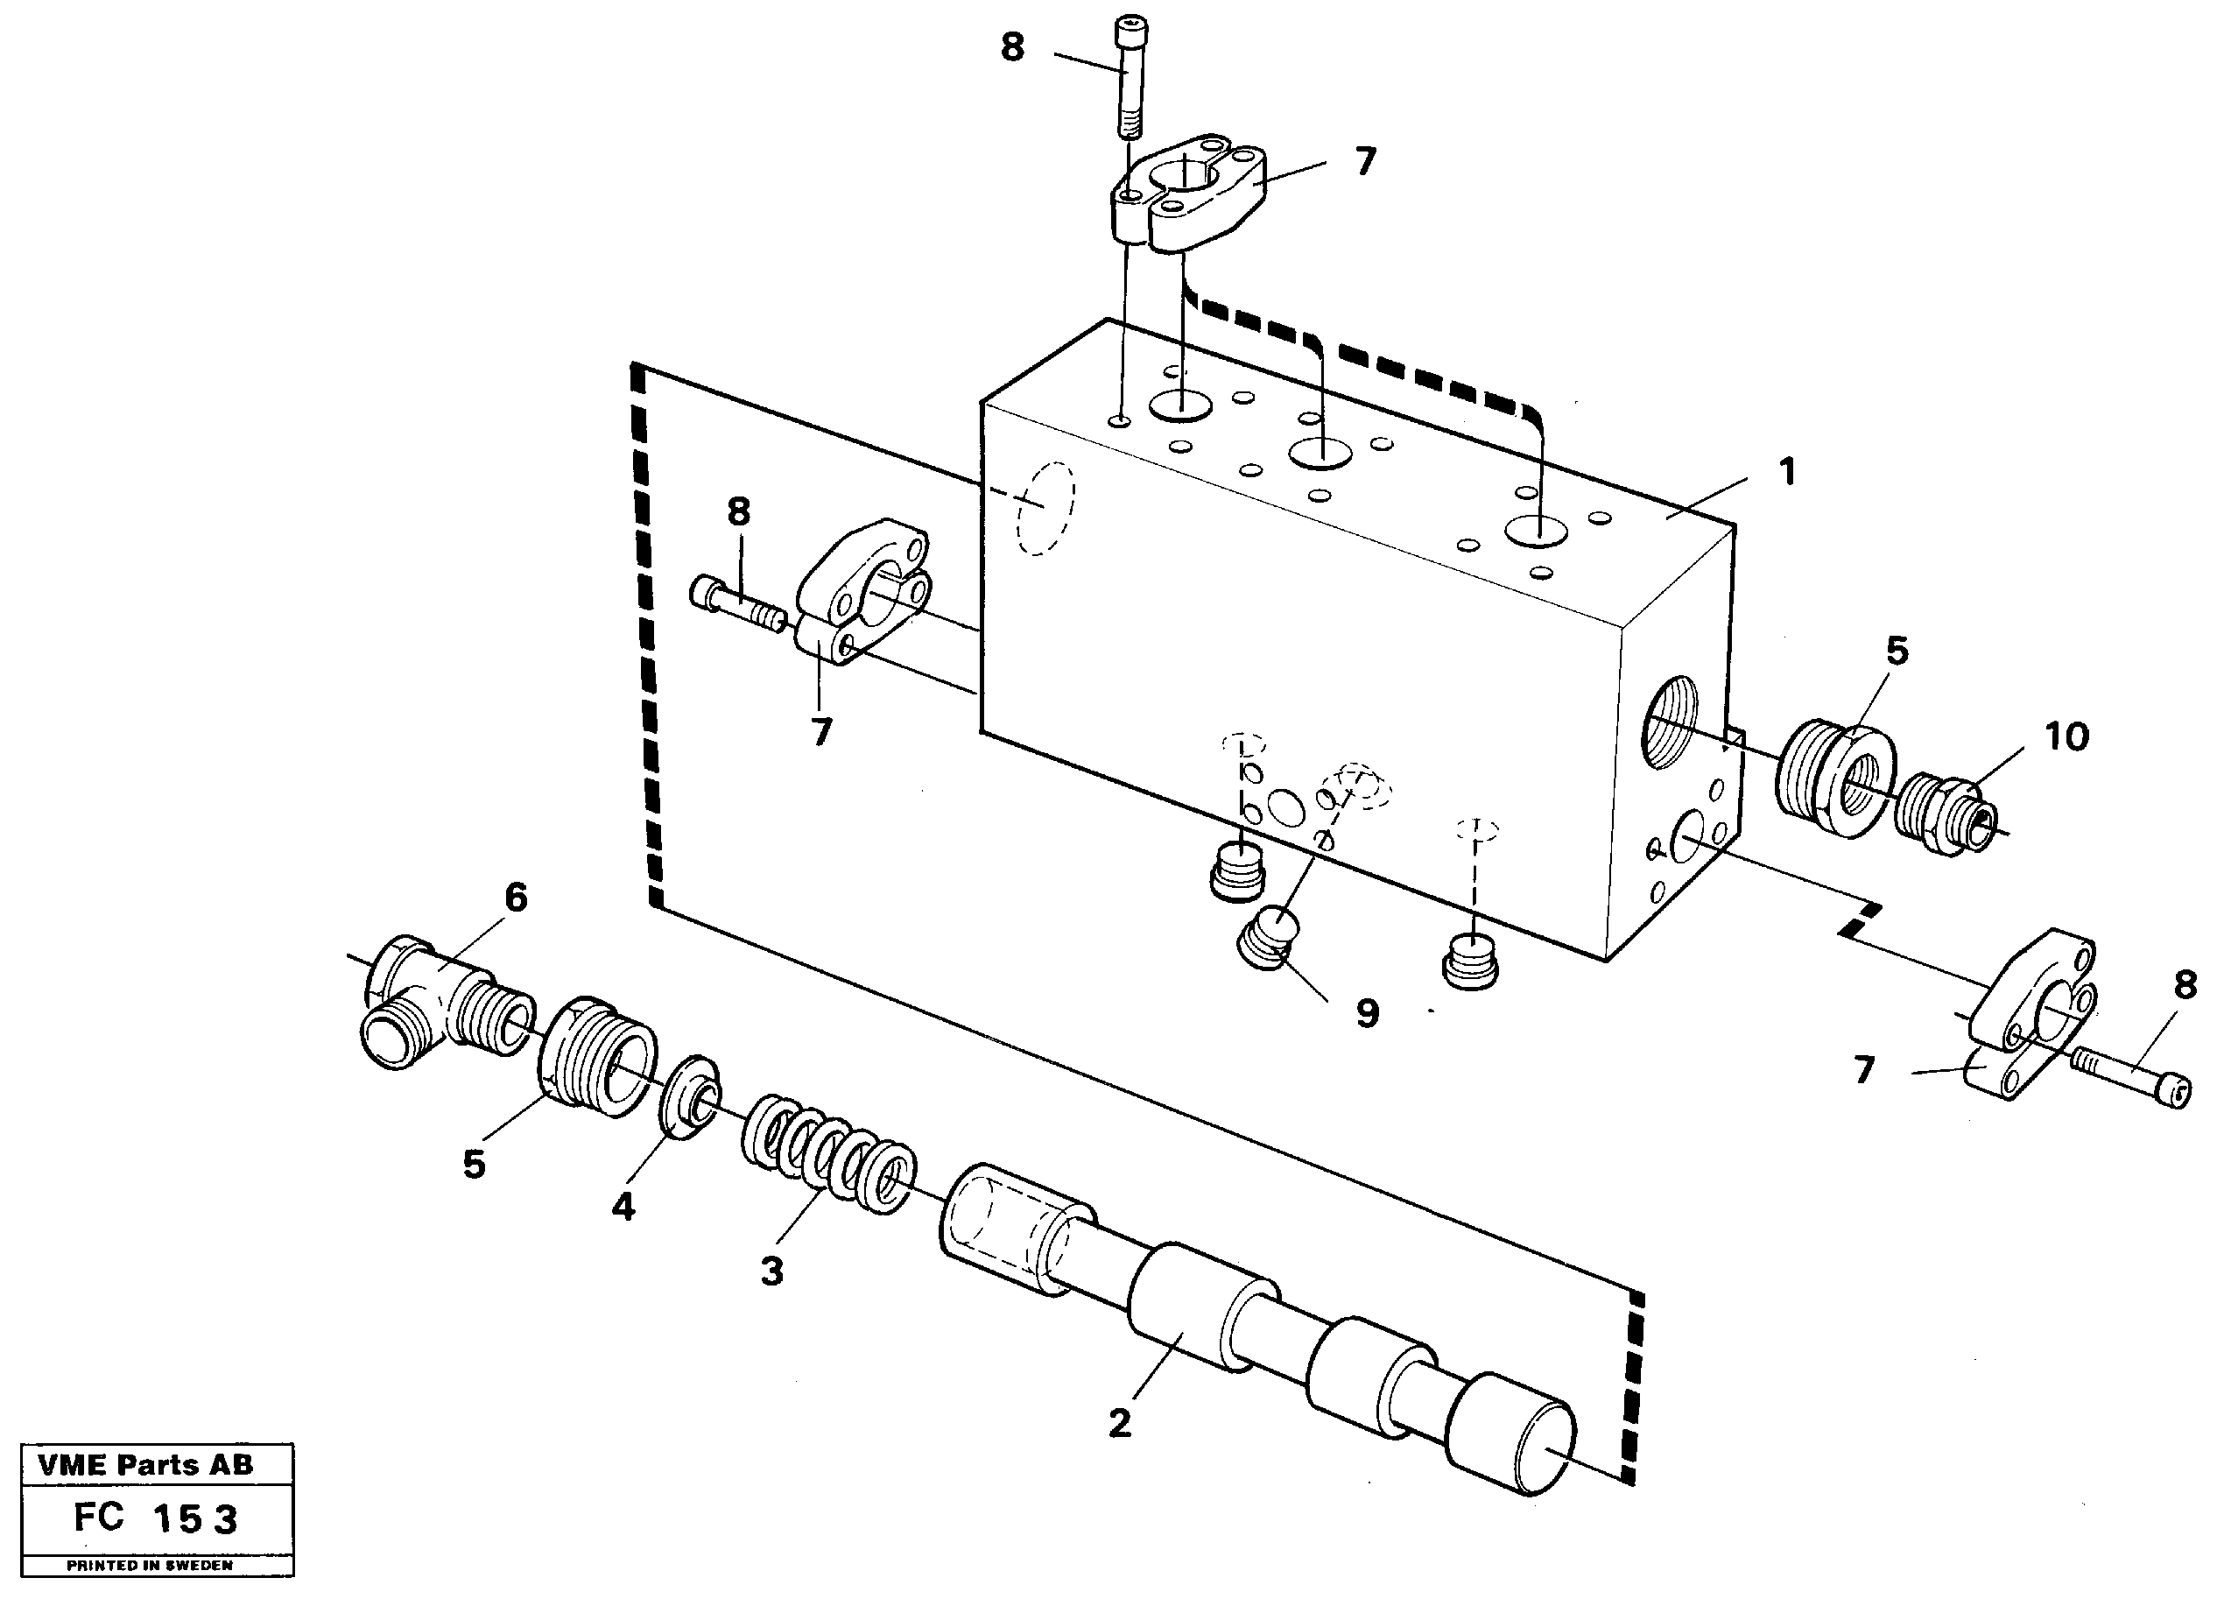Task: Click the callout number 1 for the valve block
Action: [1786, 473]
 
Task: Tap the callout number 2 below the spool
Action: [1119, 1422]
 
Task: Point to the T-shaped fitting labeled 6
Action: [430, 1007]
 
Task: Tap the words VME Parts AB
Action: [145, 1465]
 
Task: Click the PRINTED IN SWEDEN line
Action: [150, 1565]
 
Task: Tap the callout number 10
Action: [2066, 737]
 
